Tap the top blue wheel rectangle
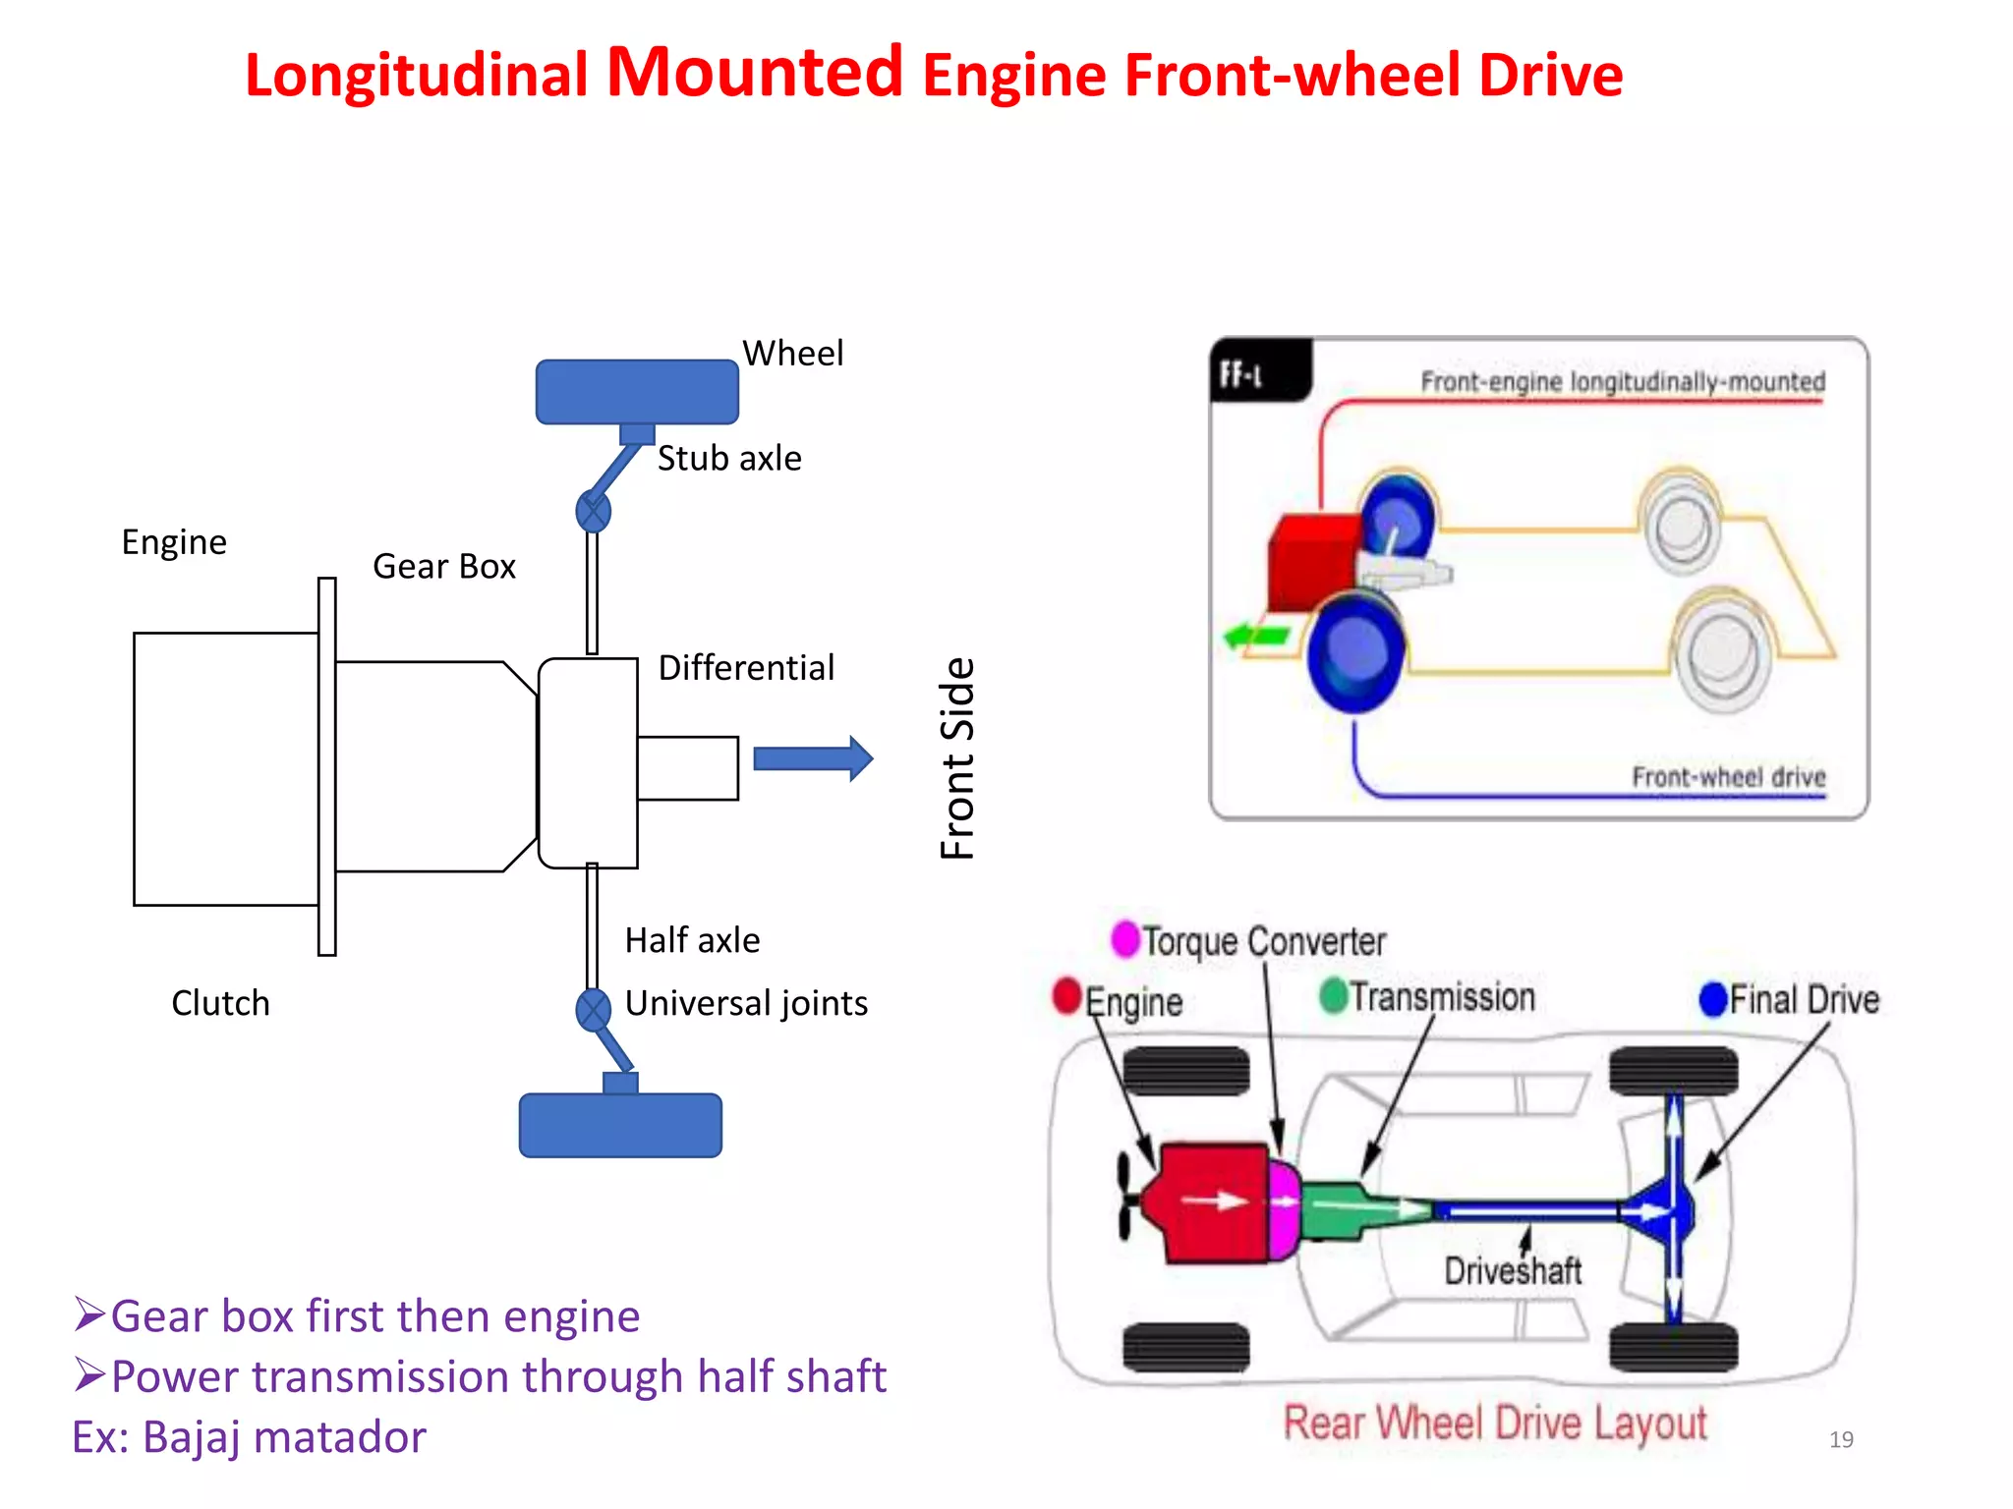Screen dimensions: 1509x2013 (x=637, y=392)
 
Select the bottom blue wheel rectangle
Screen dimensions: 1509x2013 (x=620, y=1126)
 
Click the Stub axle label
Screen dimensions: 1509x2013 (x=729, y=459)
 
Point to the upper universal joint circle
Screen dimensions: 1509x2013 (x=593, y=511)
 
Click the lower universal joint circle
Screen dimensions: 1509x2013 (x=593, y=1010)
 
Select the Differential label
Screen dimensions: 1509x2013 (x=746, y=668)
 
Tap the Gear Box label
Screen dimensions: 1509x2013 (x=444, y=567)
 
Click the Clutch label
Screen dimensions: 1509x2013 (x=220, y=1003)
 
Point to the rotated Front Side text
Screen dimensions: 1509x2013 (x=957, y=758)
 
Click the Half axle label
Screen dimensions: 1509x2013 (x=692, y=940)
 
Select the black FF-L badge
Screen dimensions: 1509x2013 (x=1259, y=370)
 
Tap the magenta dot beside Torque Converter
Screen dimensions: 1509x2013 (x=1124, y=938)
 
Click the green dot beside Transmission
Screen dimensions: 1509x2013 (x=1333, y=995)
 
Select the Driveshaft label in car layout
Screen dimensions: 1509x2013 (x=1513, y=1271)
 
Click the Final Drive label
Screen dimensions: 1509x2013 (x=1804, y=1000)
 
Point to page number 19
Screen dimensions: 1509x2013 (x=1841, y=1440)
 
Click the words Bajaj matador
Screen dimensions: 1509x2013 (x=284, y=1437)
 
